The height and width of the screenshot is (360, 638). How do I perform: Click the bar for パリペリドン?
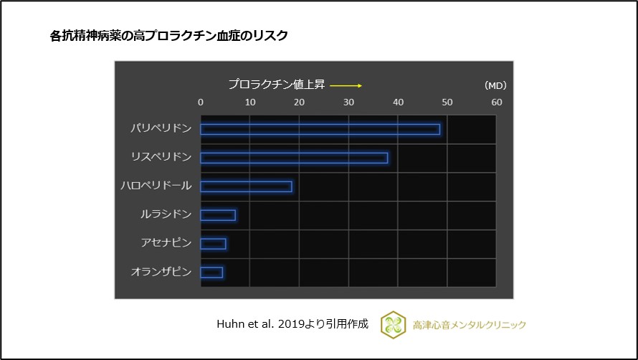pyautogui.click(x=320, y=129)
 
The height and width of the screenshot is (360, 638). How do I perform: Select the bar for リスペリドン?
pyautogui.click(x=294, y=158)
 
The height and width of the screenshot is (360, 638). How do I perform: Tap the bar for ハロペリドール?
pyautogui.click(x=246, y=186)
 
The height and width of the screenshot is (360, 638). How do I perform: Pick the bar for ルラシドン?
pyautogui.click(x=218, y=215)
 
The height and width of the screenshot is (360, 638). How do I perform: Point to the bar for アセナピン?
pyautogui.click(x=213, y=244)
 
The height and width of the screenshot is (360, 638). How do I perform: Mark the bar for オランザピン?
pyautogui.click(x=211, y=273)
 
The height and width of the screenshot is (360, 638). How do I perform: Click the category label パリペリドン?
pyautogui.click(x=161, y=128)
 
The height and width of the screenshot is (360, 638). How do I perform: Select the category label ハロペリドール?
pyautogui.click(x=156, y=186)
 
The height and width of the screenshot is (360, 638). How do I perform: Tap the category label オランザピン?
pyautogui.click(x=161, y=272)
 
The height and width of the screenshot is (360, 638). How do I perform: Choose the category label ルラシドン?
pyautogui.click(x=166, y=214)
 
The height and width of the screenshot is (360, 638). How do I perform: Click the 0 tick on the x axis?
pyautogui.click(x=201, y=103)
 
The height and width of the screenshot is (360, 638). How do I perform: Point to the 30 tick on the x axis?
pyautogui.click(x=348, y=103)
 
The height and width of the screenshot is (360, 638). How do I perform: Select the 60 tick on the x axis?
pyautogui.click(x=496, y=103)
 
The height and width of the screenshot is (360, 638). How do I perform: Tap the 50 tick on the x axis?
pyautogui.click(x=447, y=103)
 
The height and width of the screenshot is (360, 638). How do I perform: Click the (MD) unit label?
pyautogui.click(x=495, y=85)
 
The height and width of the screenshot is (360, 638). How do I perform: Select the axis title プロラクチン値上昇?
pyautogui.click(x=277, y=84)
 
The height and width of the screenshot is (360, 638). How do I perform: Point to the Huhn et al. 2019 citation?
pyautogui.click(x=292, y=323)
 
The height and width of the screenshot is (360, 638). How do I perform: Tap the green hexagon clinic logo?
pyautogui.click(x=392, y=324)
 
